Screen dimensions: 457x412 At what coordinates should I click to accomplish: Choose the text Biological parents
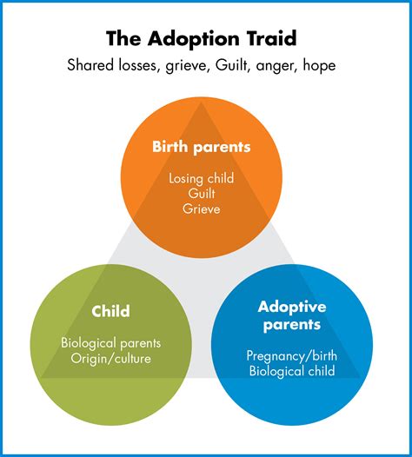point(110,343)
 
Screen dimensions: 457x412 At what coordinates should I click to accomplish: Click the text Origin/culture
point(110,360)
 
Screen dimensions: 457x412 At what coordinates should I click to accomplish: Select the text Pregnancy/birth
point(290,356)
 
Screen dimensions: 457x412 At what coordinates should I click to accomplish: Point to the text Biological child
point(290,373)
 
